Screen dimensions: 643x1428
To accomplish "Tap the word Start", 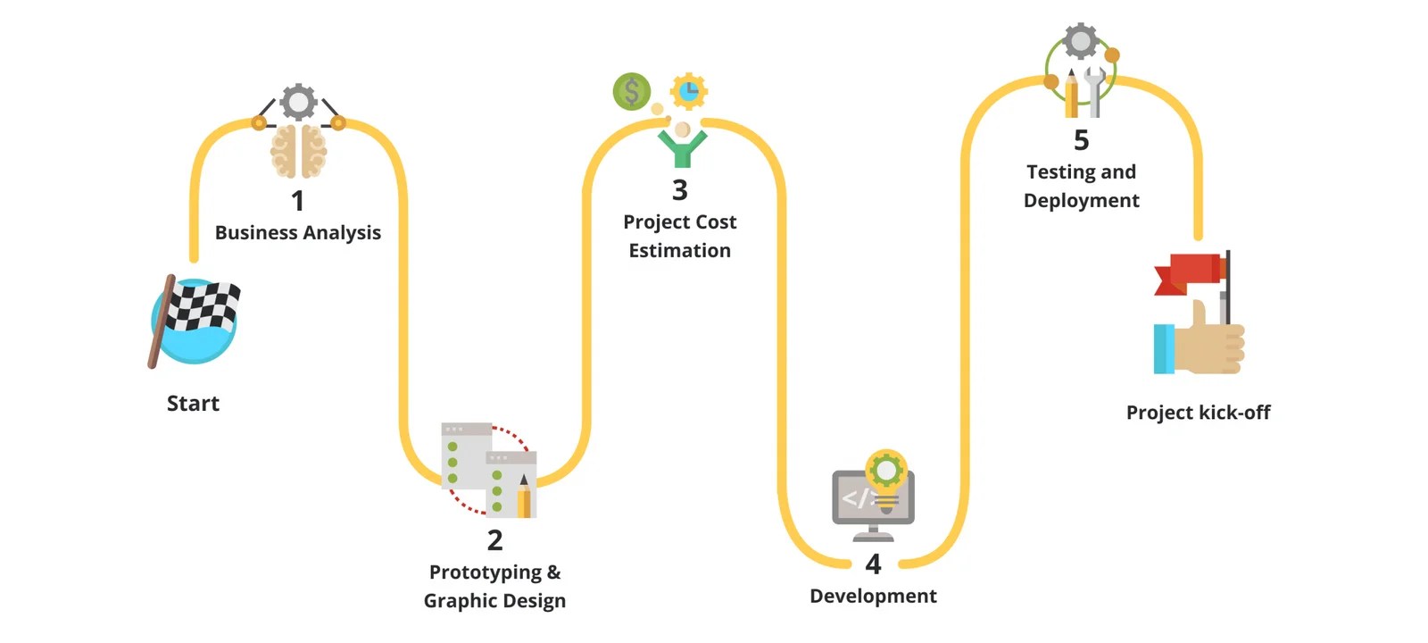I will click(x=193, y=404).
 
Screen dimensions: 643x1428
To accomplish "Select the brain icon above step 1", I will click(x=298, y=151).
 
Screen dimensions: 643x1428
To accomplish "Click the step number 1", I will click(x=297, y=201).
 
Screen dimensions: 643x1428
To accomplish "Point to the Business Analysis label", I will click(x=297, y=233).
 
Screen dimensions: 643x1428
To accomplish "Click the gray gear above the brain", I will click(x=298, y=102).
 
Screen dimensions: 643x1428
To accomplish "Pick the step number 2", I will click(x=494, y=540).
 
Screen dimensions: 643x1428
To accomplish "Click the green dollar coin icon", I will click(x=631, y=91).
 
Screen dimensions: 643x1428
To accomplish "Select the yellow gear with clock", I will click(x=688, y=90).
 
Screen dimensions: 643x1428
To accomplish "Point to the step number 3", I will click(x=679, y=190).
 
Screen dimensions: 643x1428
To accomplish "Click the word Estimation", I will click(x=679, y=251).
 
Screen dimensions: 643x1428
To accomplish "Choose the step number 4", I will click(x=873, y=564).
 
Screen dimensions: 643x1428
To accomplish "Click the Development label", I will click(x=873, y=597).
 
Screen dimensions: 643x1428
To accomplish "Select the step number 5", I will click(x=1081, y=140).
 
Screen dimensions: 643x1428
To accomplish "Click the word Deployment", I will click(x=1081, y=201).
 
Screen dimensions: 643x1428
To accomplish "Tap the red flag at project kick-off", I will click(x=1189, y=271).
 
